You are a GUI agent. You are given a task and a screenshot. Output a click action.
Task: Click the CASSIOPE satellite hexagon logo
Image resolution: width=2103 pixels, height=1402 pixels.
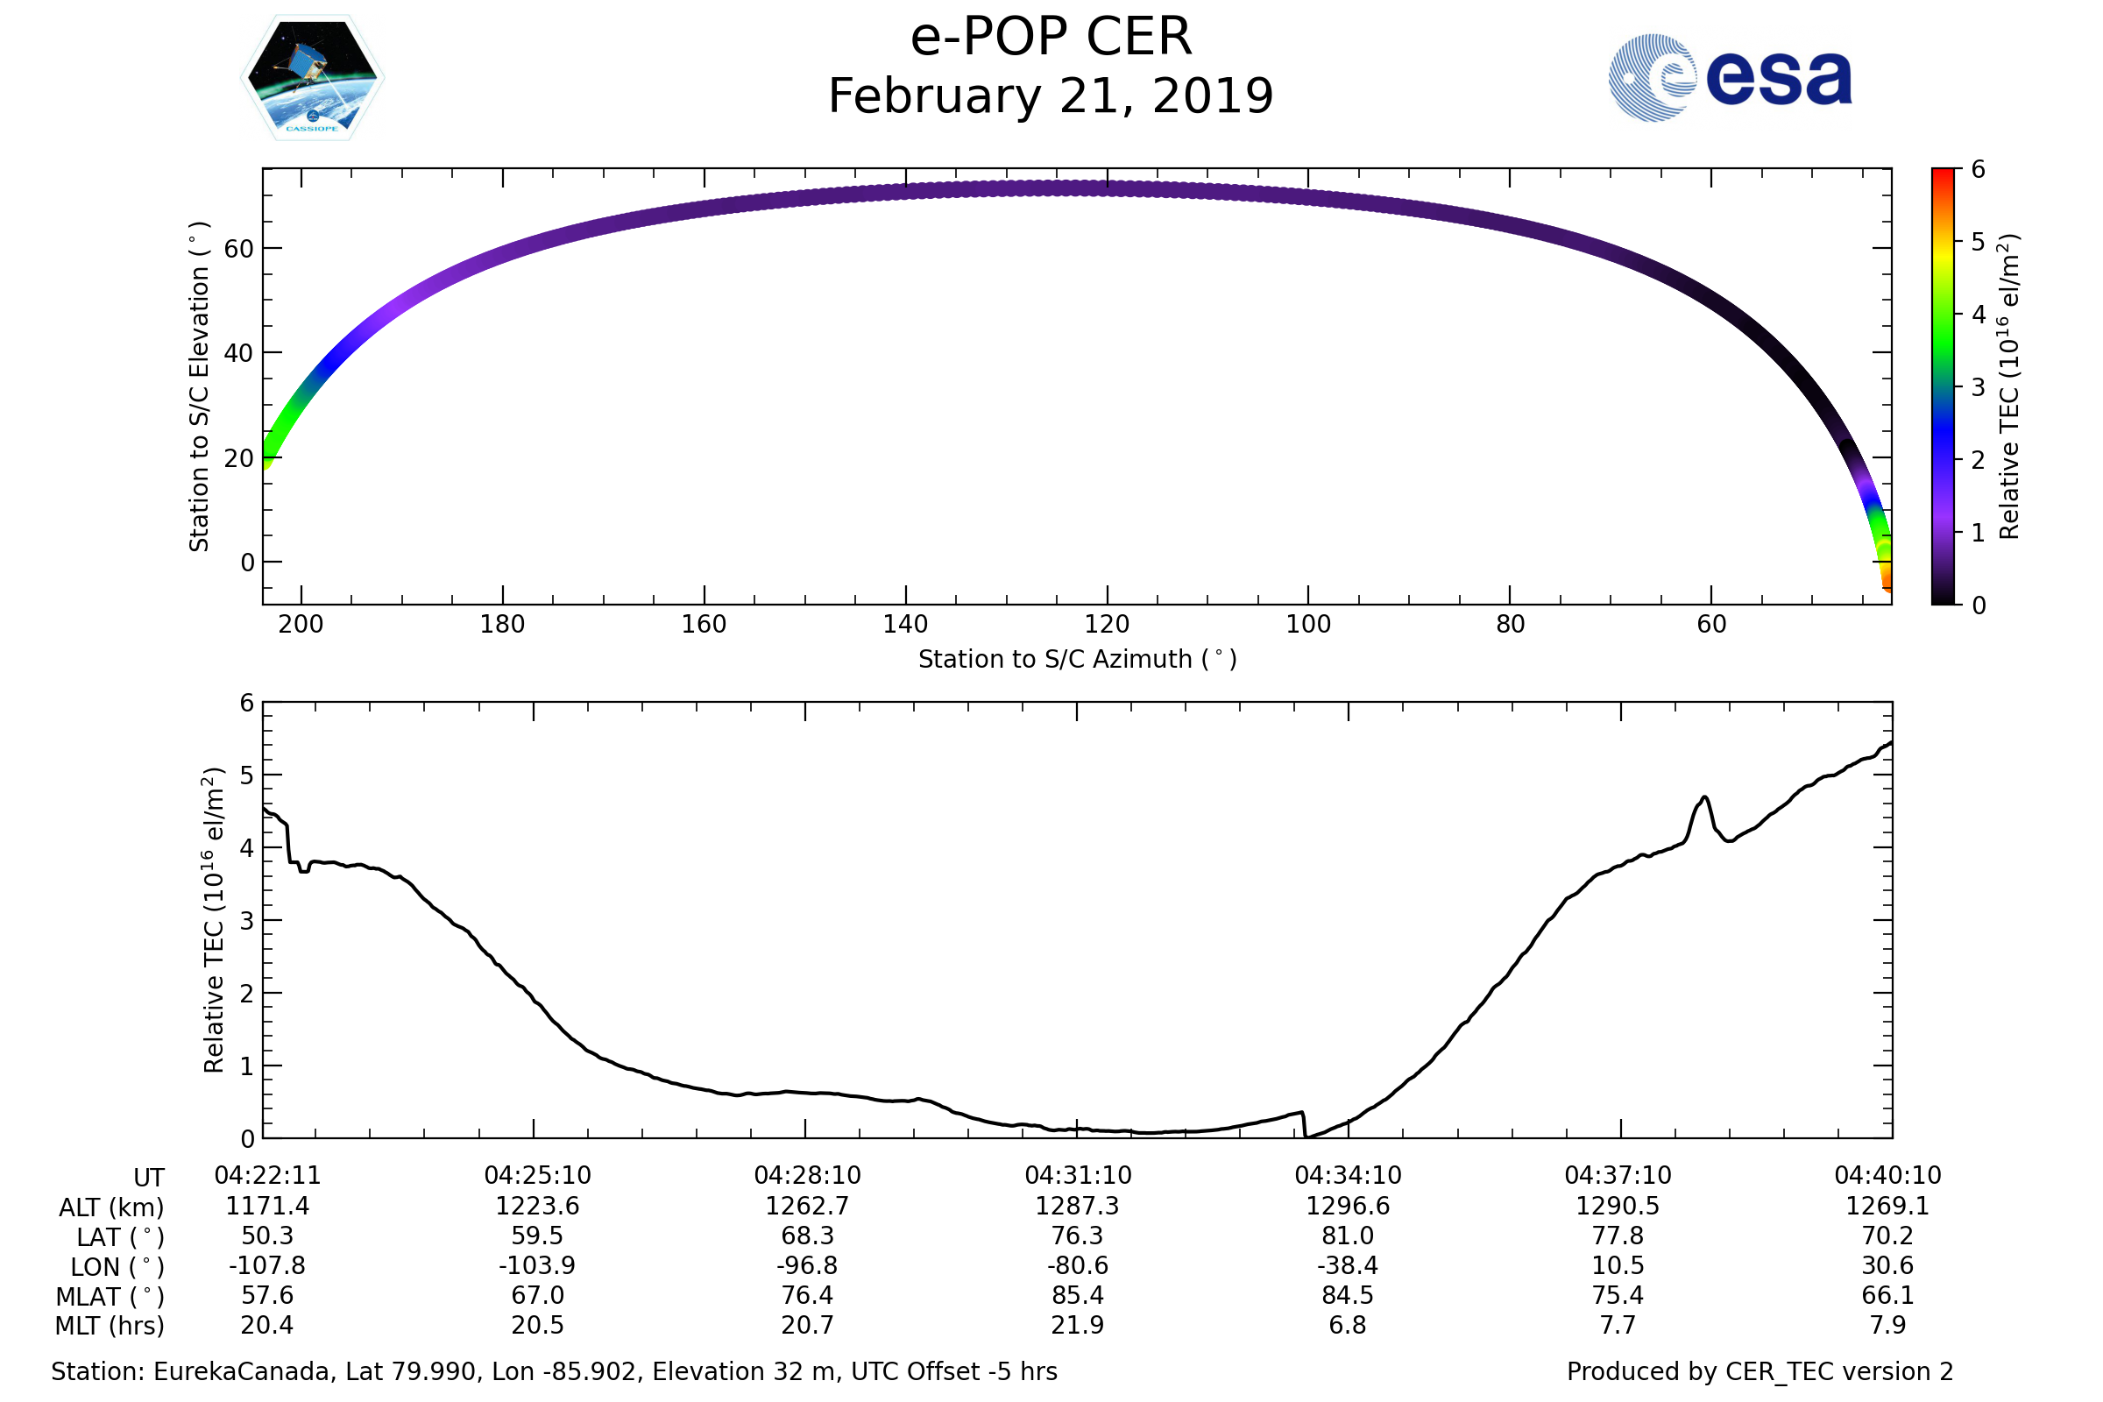pyautogui.click(x=312, y=78)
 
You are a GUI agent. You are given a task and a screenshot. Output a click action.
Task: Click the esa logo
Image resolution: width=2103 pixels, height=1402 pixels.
pyautogui.click(x=1729, y=78)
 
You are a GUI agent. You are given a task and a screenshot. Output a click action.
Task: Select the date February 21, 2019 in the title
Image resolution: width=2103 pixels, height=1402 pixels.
pyautogui.click(x=1051, y=96)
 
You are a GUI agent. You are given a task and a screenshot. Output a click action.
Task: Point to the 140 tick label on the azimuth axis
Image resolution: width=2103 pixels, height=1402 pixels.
pyautogui.click(x=905, y=624)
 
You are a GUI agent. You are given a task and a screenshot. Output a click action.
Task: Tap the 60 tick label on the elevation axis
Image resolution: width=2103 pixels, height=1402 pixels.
pyautogui.click(x=238, y=249)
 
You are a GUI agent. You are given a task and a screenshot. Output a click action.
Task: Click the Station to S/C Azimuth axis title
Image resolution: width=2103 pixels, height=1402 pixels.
pyautogui.click(x=1078, y=660)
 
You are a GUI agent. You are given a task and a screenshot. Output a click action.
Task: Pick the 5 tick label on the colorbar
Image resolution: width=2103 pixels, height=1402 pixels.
pyautogui.click(x=1978, y=243)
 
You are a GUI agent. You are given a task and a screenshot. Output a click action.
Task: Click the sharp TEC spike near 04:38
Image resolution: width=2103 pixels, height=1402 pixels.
pyautogui.click(x=1704, y=797)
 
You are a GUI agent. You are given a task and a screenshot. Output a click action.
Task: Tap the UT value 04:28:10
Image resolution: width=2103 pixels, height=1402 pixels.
pyautogui.click(x=806, y=1176)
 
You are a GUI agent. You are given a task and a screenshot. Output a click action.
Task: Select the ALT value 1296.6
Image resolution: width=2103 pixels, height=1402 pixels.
pyautogui.click(x=1348, y=1207)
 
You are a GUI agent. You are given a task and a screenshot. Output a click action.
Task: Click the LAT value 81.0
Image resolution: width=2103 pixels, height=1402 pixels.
pyautogui.click(x=1348, y=1236)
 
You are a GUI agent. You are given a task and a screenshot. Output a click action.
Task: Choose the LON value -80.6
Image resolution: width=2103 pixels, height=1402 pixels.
pyautogui.click(x=1078, y=1266)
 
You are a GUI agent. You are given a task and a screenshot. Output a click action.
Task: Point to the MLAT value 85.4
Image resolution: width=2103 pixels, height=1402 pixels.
pyautogui.click(x=1078, y=1296)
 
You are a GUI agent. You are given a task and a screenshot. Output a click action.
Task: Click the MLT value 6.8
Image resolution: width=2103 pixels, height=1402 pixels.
pyautogui.click(x=1348, y=1325)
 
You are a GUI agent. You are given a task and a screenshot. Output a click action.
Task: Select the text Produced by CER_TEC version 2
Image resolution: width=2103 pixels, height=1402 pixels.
pyautogui.click(x=1760, y=1371)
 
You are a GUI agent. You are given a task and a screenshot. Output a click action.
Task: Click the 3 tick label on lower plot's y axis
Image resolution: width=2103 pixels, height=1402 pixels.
pyautogui.click(x=247, y=921)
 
